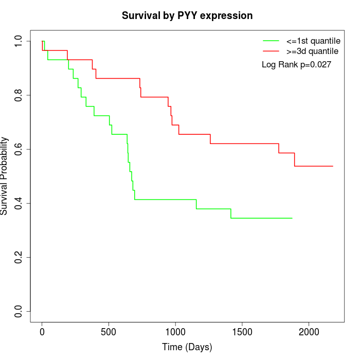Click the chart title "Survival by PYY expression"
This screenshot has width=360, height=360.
187,16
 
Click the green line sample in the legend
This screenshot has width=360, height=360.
271,41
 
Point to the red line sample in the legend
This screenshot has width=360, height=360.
271,51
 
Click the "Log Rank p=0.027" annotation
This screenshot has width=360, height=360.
296,65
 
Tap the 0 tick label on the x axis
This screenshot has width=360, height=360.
42,332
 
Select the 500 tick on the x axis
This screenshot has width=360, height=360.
109,332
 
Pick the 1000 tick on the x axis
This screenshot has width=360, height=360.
175,332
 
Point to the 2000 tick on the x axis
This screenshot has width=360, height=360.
309,332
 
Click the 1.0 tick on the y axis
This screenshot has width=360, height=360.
19,41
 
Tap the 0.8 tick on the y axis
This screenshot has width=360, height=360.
19,95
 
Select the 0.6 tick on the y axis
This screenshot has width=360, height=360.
19,149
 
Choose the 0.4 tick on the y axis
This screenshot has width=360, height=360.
19,203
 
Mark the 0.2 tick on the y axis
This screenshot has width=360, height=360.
19,257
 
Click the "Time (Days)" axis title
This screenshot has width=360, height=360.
187,347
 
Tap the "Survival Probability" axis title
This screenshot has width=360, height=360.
5,176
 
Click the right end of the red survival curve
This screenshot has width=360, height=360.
333,166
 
